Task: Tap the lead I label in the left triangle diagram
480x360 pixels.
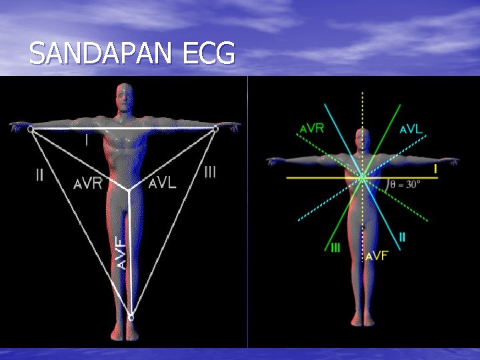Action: click(x=86, y=141)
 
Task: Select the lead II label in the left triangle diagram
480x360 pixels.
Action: click(x=39, y=176)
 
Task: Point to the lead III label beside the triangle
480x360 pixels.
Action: click(x=210, y=172)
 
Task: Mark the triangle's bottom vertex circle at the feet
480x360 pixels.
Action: click(x=131, y=319)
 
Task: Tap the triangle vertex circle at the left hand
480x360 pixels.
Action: click(x=31, y=130)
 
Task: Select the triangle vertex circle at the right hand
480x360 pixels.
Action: click(x=215, y=129)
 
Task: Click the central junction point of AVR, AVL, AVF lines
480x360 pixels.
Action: click(x=129, y=190)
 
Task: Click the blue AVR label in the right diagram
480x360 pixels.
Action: click(x=312, y=128)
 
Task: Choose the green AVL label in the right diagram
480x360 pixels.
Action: click(x=411, y=129)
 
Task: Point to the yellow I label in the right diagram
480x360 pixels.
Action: click(x=435, y=169)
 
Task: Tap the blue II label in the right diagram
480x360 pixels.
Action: click(x=402, y=237)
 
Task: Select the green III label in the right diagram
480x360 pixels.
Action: click(x=336, y=248)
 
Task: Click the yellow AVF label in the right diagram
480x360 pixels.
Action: click(x=377, y=255)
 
